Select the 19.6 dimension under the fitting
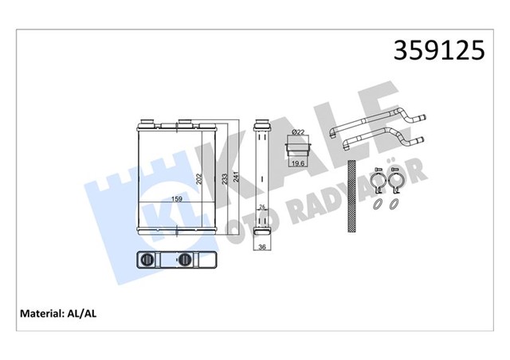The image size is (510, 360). tap(297, 163)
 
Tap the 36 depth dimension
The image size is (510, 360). tap(261, 247)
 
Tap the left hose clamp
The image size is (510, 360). tap(375, 184)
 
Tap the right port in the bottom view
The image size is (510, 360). tap(185, 260)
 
